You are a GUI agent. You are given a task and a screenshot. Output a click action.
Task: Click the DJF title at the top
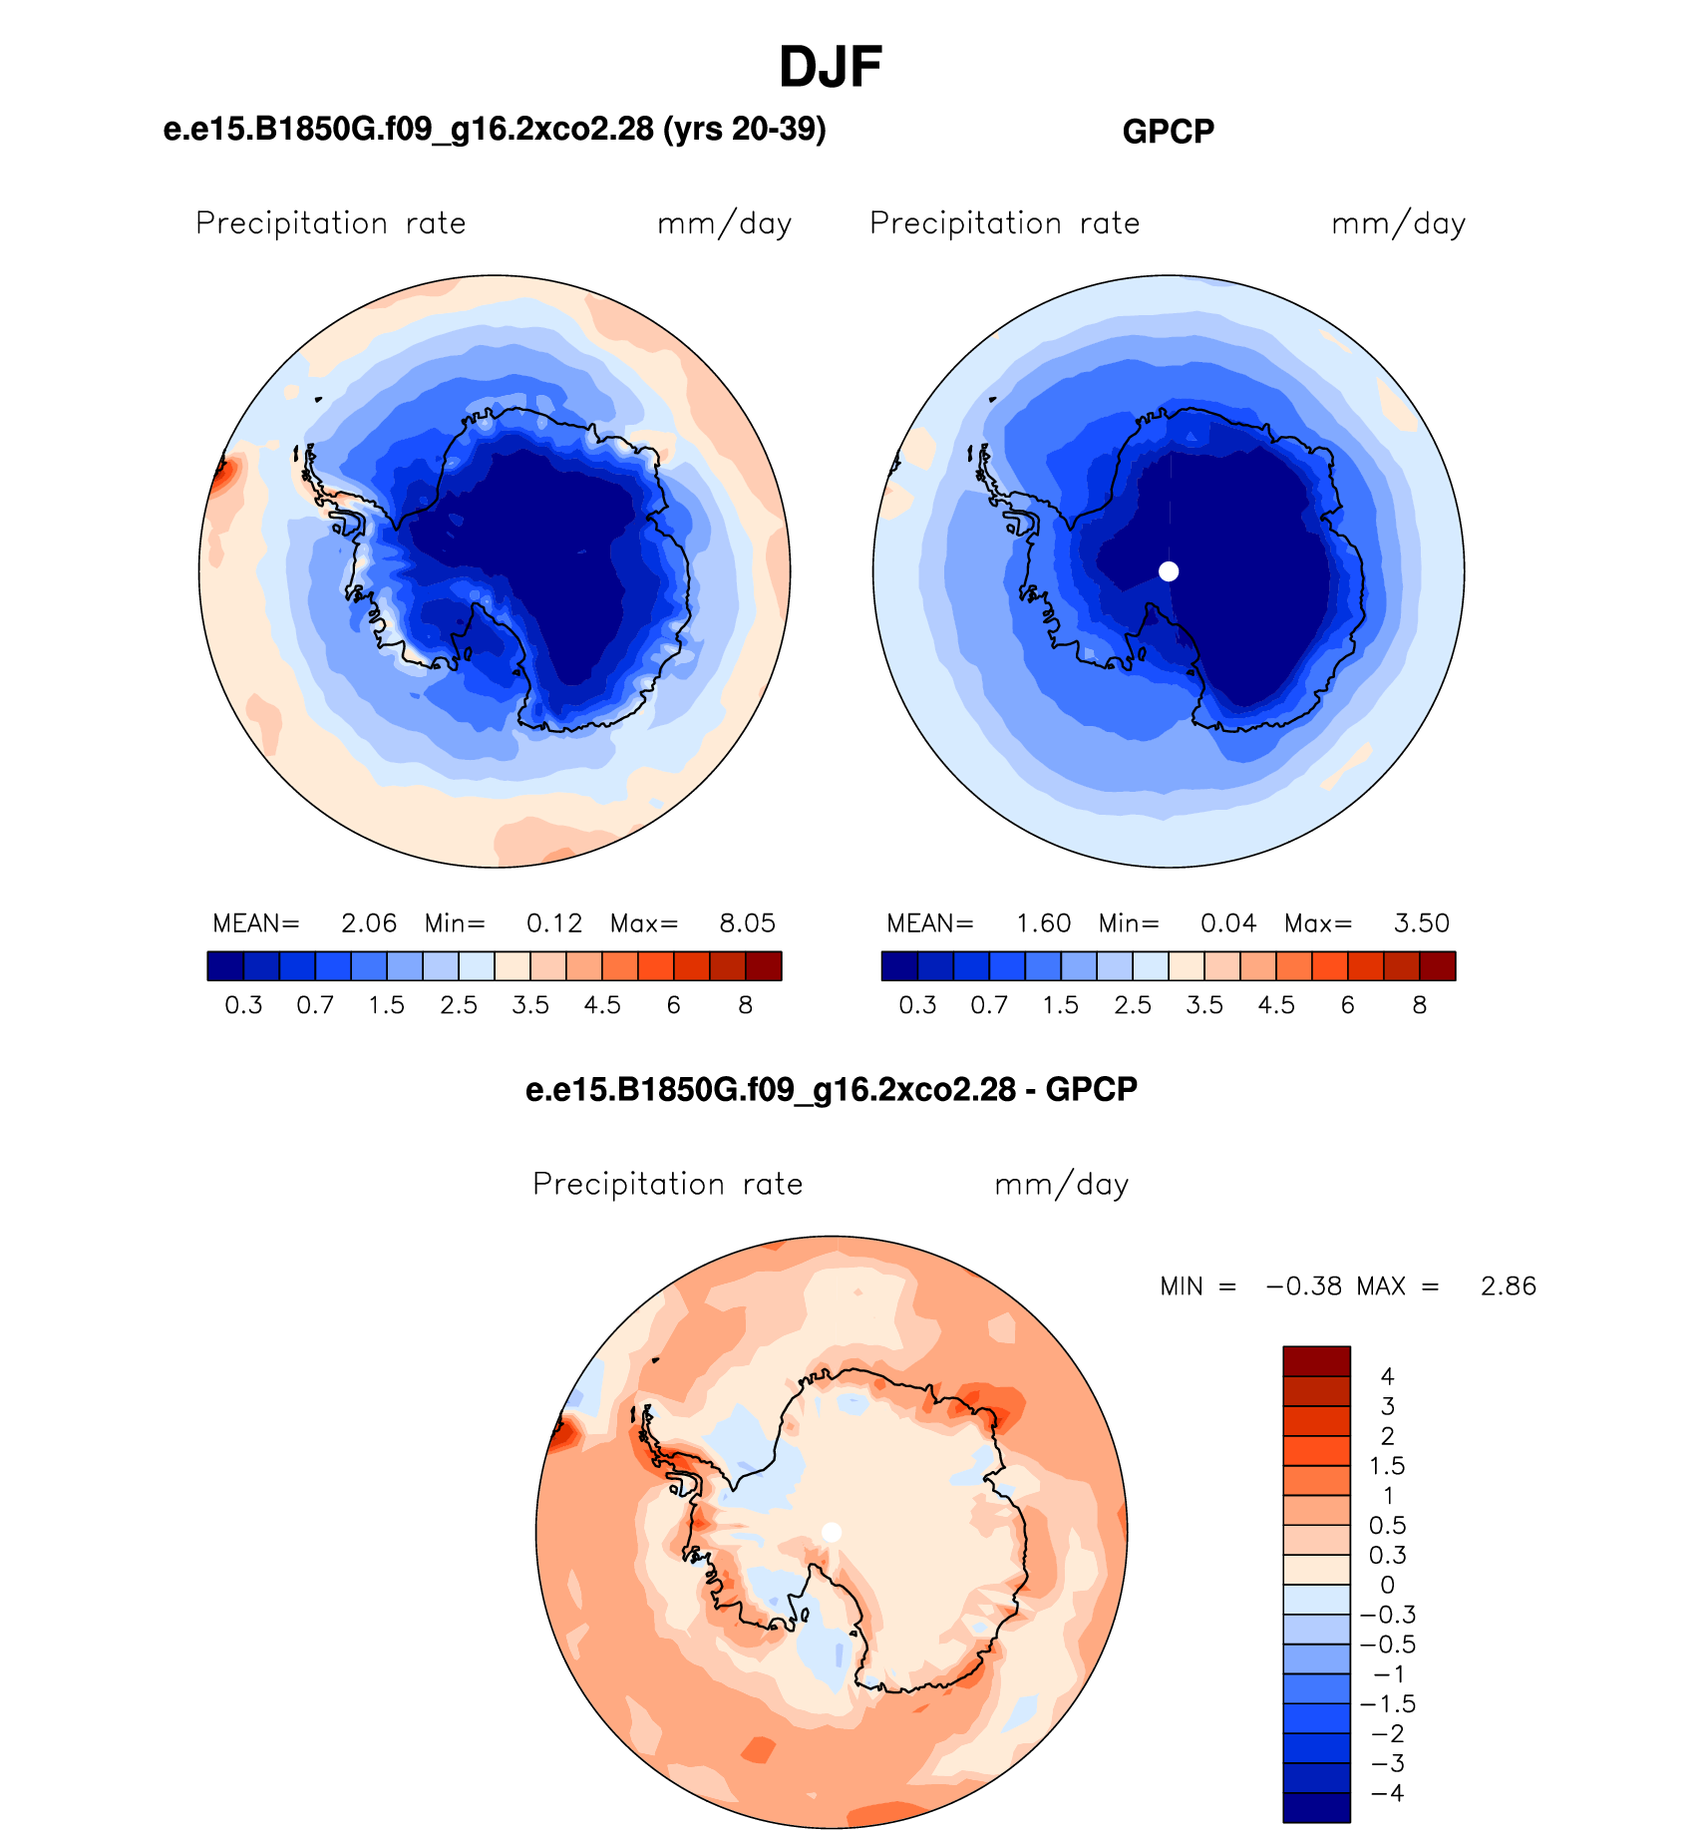click(831, 68)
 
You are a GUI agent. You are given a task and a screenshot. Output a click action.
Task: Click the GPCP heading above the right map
click(1169, 132)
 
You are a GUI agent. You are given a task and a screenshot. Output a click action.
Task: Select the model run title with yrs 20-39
click(495, 130)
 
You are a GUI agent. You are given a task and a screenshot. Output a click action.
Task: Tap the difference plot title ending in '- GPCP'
click(832, 1089)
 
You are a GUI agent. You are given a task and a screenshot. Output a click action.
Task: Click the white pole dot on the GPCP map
click(1169, 571)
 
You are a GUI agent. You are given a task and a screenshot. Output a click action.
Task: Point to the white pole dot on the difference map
click(832, 1532)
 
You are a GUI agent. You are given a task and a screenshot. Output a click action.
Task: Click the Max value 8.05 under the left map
click(747, 923)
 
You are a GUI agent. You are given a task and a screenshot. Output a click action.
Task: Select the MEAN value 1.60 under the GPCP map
click(1043, 923)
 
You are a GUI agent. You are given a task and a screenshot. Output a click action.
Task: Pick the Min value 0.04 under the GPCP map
click(1228, 923)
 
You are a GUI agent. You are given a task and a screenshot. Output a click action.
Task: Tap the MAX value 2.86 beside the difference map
click(1509, 1286)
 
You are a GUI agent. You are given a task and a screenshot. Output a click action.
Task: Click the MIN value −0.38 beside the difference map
click(1304, 1286)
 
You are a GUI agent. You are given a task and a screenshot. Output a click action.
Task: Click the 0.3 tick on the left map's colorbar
click(243, 1005)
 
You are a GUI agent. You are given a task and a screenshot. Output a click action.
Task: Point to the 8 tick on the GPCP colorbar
click(1420, 1005)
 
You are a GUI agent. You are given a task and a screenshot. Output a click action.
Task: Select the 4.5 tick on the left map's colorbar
click(602, 1005)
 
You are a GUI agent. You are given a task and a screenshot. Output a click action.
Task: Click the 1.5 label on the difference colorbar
click(1387, 1466)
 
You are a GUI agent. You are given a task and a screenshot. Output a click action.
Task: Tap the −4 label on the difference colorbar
click(1387, 1793)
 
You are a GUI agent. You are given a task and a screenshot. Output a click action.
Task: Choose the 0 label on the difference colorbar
click(1387, 1585)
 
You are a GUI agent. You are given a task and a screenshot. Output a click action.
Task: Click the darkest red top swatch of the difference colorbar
click(1316, 1361)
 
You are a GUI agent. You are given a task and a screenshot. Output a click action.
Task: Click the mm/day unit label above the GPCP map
click(1399, 223)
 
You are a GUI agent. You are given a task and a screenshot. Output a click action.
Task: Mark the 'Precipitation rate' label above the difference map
click(668, 1184)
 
